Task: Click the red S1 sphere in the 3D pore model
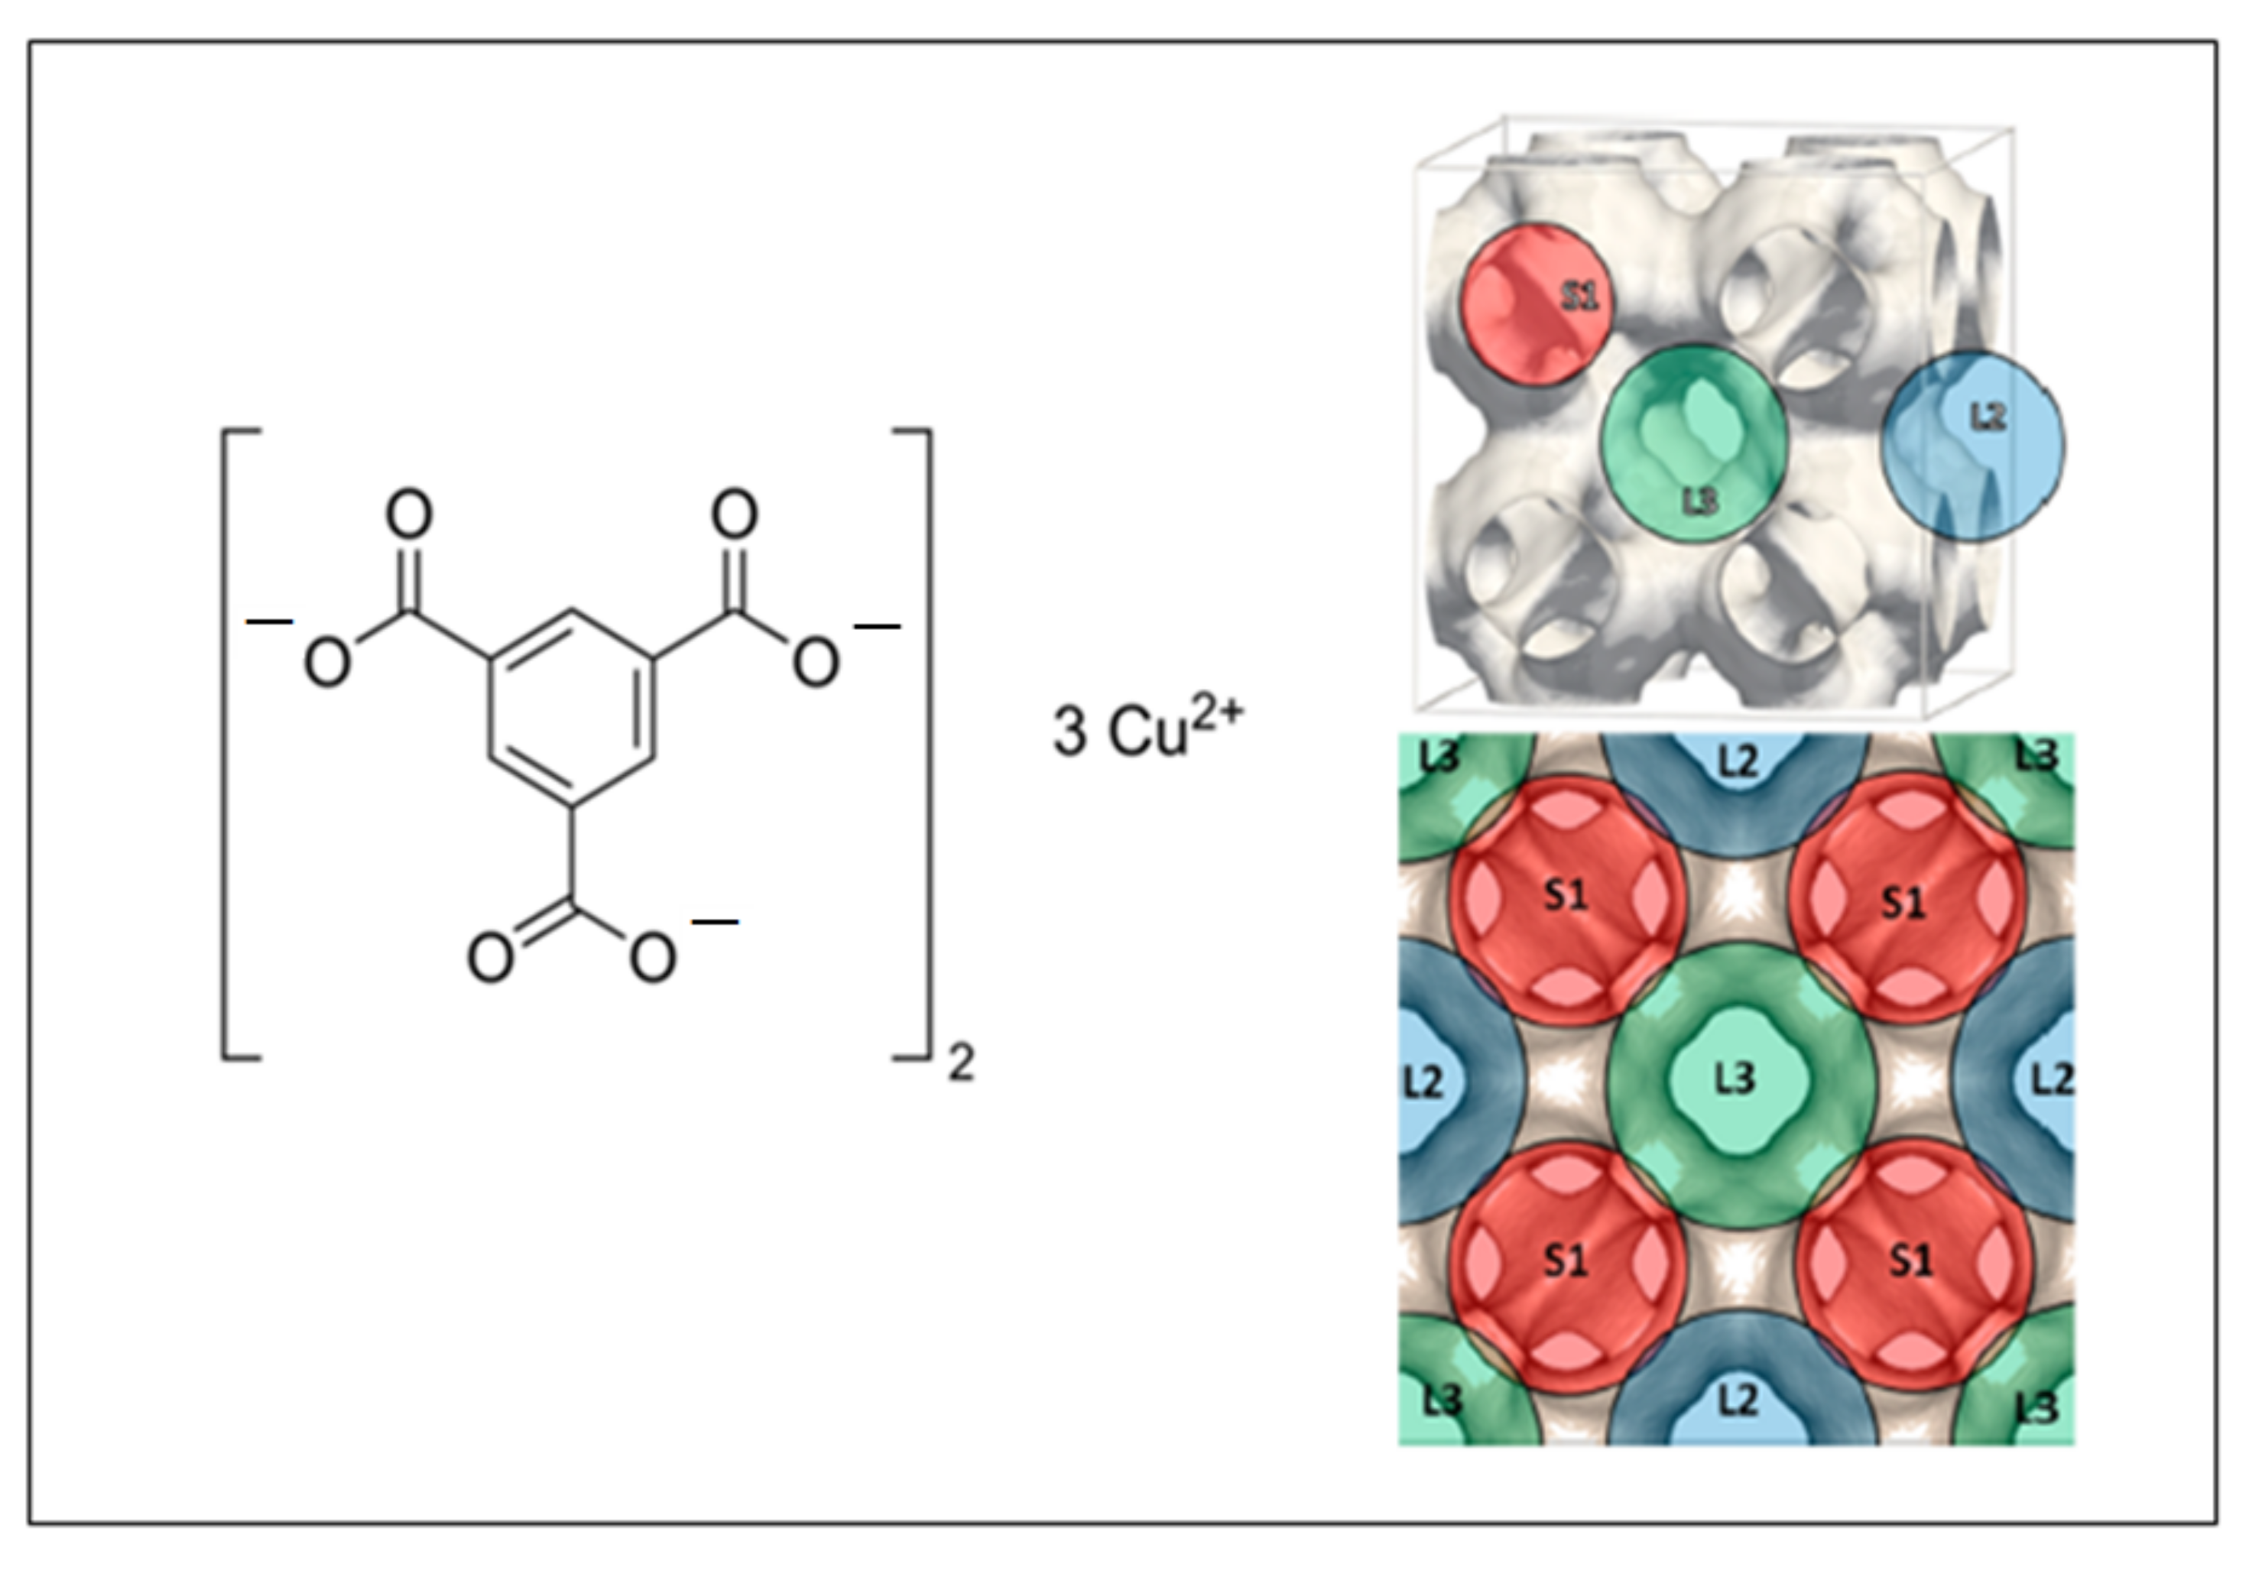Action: point(1534,304)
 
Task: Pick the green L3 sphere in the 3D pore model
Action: point(1693,443)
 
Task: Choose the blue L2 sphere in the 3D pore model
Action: point(1972,446)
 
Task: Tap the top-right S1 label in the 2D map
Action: point(1903,901)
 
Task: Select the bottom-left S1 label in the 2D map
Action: point(1566,1260)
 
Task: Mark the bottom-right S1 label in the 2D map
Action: point(1910,1260)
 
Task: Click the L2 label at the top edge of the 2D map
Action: point(1738,761)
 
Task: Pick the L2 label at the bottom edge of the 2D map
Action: point(1738,1400)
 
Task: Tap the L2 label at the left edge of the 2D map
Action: point(1423,1083)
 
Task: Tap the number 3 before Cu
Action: point(1070,732)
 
